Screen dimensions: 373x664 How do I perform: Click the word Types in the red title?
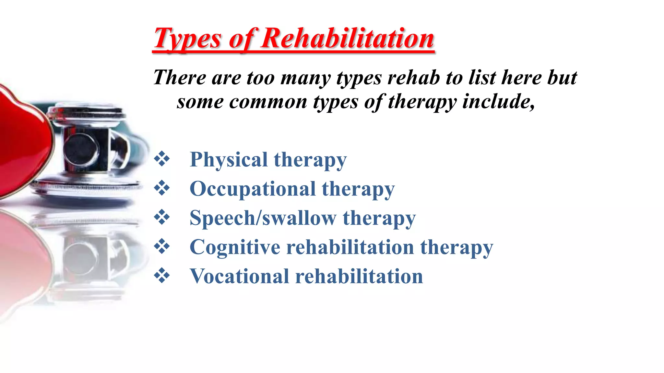point(187,39)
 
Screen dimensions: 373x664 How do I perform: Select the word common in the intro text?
point(268,102)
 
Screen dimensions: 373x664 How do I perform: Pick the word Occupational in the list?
point(253,189)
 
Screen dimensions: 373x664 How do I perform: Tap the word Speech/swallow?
point(263,218)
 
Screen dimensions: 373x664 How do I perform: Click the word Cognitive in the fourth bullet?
point(235,247)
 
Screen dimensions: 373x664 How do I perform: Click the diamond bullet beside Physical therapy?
point(162,159)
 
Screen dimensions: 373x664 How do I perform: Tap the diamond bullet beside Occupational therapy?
point(162,188)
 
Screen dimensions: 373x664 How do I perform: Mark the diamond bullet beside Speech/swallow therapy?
point(162,217)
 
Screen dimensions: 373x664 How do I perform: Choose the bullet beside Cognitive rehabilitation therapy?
point(162,246)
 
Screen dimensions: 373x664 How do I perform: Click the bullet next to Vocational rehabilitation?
point(162,276)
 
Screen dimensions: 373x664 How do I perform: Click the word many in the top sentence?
point(306,78)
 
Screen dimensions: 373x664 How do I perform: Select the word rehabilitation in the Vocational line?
point(359,277)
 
